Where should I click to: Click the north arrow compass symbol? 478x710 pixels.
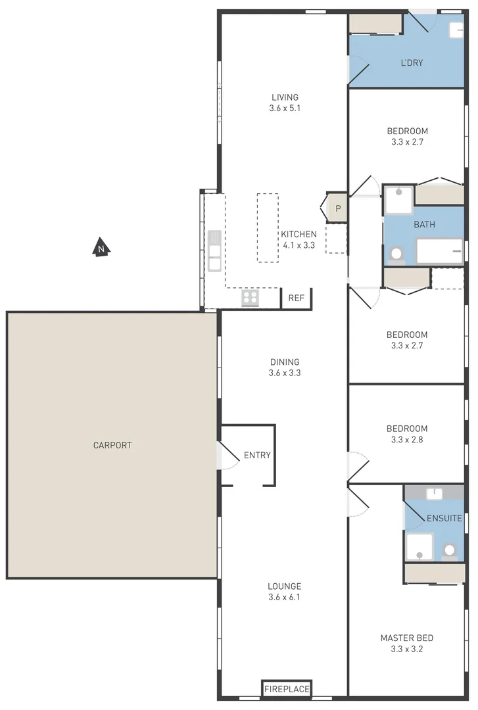pos(101,248)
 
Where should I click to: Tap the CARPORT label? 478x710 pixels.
pos(112,445)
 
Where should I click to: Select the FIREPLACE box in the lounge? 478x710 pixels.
pos(286,688)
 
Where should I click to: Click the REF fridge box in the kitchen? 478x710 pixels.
pos(296,298)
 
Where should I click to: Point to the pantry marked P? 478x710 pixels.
pos(337,209)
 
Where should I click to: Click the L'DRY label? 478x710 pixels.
pos(412,63)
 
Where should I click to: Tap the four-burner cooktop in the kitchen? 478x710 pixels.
pos(250,298)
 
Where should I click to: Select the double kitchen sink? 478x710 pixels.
pos(214,251)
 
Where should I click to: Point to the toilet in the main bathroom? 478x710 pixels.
pos(396,254)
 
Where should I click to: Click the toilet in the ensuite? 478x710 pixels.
pos(450,550)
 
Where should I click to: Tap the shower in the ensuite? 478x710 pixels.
pos(419,547)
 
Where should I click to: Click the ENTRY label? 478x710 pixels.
pos(256,455)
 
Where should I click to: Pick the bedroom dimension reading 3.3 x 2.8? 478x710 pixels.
pos(406,439)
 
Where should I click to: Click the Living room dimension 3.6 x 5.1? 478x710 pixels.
pos(284,108)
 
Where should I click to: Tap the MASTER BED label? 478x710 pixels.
pos(406,638)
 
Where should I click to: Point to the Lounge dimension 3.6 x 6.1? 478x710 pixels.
pos(284,597)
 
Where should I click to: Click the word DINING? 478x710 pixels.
pos(284,362)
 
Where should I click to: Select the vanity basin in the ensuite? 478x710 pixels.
pos(434,493)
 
